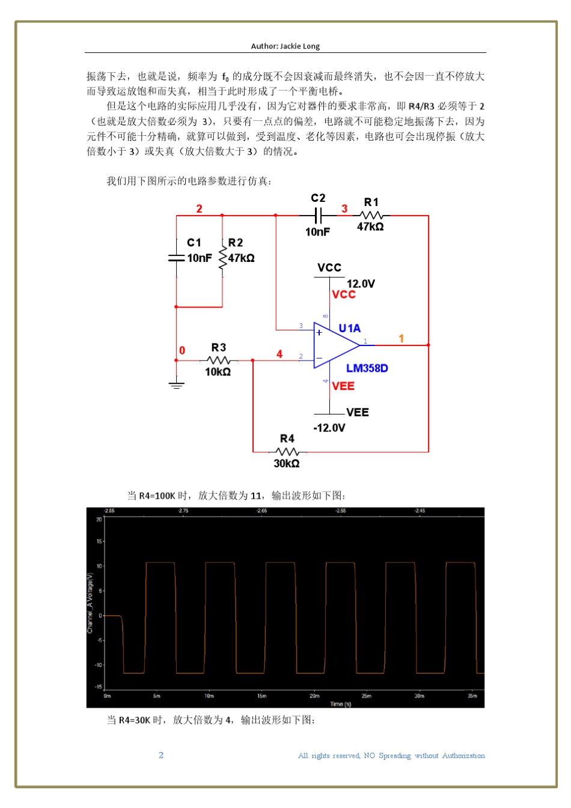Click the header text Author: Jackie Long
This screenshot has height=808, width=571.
pos(285,46)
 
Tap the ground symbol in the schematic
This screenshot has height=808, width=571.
pos(176,384)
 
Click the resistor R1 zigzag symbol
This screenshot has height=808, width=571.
pos(371,215)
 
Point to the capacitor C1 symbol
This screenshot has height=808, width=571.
pos(176,258)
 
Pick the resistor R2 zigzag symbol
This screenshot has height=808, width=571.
pos(222,258)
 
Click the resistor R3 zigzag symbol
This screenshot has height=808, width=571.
pos(218,360)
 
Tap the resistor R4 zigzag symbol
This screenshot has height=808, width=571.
pos(287,452)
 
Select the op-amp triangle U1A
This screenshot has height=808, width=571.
pos(334,345)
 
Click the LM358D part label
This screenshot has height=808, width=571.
pos(367,368)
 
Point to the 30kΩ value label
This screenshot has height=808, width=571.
pos(286,463)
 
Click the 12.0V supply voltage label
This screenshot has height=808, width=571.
pos(361,284)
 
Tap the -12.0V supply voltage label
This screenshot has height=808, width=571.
pos(329,428)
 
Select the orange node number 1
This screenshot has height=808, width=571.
pos(402,339)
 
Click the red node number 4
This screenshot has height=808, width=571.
pos(279,354)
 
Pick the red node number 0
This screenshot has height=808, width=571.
pos(182,351)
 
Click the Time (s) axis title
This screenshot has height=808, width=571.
pos(340,703)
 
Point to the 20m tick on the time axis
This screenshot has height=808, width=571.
pos(314,696)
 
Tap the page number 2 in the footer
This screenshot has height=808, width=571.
pos(161,755)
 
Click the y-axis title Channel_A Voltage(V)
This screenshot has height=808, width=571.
pos(90,603)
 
